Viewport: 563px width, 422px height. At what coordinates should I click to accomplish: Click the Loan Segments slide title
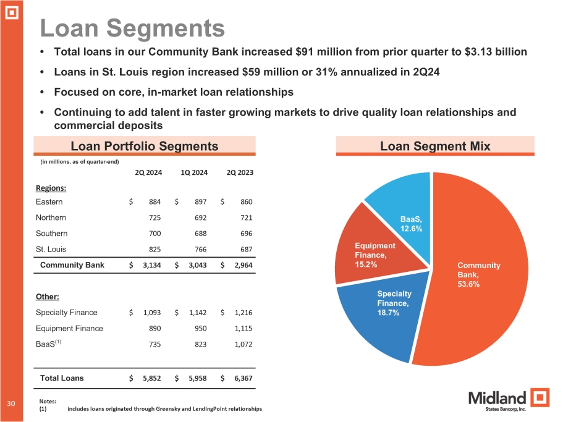132,28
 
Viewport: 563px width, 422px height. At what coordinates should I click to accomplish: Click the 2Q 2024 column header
148,172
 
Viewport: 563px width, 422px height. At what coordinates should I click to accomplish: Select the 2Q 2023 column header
240,172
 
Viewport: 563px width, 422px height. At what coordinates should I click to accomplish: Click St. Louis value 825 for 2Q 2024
155,250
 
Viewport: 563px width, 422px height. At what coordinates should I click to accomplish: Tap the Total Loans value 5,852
152,378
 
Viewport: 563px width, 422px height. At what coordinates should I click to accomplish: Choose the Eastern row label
49,201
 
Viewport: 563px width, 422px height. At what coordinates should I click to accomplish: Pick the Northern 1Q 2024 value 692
200,218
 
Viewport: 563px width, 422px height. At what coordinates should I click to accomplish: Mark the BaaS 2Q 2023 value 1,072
243,345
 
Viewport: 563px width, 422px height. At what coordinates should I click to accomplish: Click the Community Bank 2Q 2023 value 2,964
243,265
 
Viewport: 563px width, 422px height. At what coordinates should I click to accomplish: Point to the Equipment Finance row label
69,328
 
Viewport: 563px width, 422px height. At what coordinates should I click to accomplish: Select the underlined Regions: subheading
51,188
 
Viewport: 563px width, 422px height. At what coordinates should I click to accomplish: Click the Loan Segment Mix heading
435,146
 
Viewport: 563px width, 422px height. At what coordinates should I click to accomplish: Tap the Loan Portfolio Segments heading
145,146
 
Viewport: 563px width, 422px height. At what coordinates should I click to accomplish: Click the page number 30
11,403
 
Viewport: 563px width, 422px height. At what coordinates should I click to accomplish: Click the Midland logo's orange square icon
540,398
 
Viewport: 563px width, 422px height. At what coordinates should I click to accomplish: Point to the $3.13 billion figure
496,52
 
